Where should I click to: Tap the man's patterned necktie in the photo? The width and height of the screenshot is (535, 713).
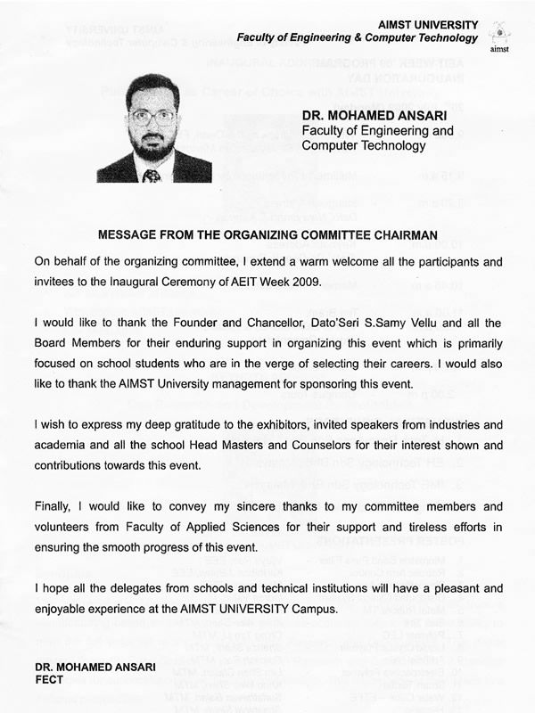(152, 176)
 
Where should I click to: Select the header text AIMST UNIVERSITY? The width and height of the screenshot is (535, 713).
(428, 25)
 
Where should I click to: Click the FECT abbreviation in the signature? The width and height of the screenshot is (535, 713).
(51, 679)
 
